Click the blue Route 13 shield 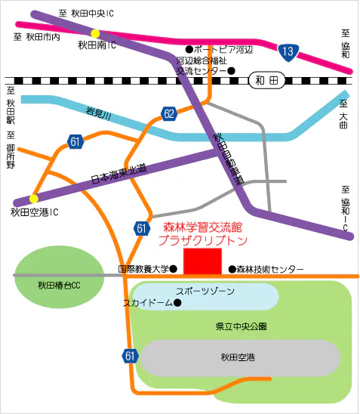pyautogui.click(x=287, y=51)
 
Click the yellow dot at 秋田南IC pyautogui.click(x=95, y=33)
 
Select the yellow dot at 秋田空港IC pyautogui.click(x=33, y=199)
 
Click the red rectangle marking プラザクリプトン pyautogui.click(x=203, y=261)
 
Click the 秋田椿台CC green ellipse pyautogui.click(x=59, y=285)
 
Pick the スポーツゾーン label pyautogui.click(x=205, y=291)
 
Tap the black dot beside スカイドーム pyautogui.click(x=177, y=303)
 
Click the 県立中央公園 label pyautogui.click(x=241, y=326)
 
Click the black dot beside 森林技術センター pyautogui.click(x=232, y=269)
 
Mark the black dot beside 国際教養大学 pyautogui.click(x=174, y=268)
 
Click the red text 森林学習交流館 pyautogui.click(x=205, y=227)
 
